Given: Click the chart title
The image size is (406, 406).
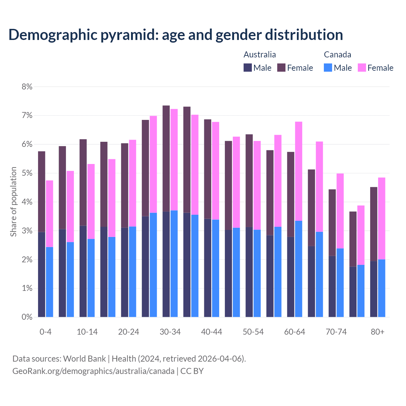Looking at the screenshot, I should pyautogui.click(x=175, y=35).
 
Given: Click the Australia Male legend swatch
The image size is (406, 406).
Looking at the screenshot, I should pyautogui.click(x=248, y=68).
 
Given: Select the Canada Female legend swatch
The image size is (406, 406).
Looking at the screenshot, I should pyautogui.click(x=362, y=68).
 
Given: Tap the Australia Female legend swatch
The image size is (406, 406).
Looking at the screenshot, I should pyautogui.click(x=281, y=68).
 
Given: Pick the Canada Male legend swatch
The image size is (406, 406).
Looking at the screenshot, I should pyautogui.click(x=328, y=68).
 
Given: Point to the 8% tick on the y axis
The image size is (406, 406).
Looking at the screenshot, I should pyautogui.click(x=27, y=87).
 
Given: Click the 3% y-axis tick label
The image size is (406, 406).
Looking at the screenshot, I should pyautogui.click(x=27, y=231).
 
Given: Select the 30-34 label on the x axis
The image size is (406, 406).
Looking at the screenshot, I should pyautogui.click(x=170, y=332).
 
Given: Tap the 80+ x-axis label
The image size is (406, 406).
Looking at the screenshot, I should pyautogui.click(x=377, y=332).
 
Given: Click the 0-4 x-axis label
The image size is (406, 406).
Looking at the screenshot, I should pyautogui.click(x=45, y=332).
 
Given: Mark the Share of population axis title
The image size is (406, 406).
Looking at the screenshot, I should pyautogui.click(x=13, y=202).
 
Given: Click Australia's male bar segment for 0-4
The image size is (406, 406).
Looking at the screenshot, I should pyautogui.click(x=42, y=274).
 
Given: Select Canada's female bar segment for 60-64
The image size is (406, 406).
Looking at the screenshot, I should pyautogui.click(x=298, y=171).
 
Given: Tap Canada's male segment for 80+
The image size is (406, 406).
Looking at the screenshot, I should pyautogui.click(x=382, y=288).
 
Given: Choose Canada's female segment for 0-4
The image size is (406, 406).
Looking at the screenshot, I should pyautogui.click(x=49, y=214).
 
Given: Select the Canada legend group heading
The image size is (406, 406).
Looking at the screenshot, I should pyautogui.click(x=337, y=55).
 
